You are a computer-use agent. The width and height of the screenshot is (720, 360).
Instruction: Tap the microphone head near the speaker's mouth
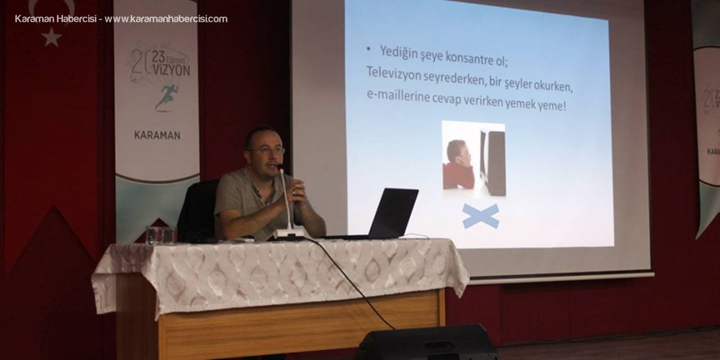(x=280, y=168)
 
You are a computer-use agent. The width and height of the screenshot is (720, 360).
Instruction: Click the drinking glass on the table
(x=152, y=235)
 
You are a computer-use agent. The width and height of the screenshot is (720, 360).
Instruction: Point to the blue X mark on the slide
(x=480, y=217)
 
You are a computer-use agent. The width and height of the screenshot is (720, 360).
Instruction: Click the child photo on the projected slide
(x=474, y=160)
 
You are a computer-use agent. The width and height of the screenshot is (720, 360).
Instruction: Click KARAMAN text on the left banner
(x=157, y=135)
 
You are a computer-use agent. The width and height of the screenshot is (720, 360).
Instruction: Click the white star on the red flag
(x=51, y=37)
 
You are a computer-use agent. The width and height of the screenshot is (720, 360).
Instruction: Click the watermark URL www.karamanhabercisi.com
(x=166, y=19)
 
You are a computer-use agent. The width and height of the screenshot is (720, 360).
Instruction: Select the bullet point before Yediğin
(x=369, y=49)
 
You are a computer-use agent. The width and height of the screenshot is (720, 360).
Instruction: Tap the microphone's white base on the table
(x=290, y=232)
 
